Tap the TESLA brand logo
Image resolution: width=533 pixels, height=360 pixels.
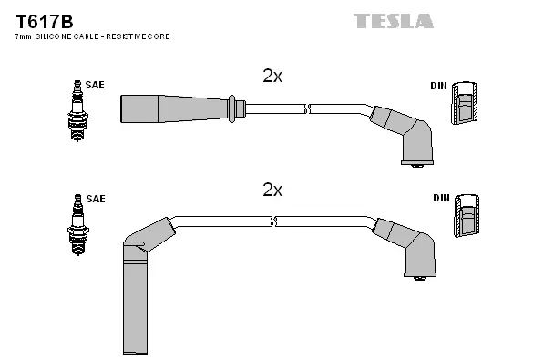point(393,20)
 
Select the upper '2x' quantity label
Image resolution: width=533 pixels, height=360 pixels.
point(272,77)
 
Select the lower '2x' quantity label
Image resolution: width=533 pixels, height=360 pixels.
point(272,190)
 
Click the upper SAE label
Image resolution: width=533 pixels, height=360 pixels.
point(96,85)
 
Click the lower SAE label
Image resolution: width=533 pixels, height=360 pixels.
point(96,198)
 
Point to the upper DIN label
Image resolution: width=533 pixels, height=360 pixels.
point(439,86)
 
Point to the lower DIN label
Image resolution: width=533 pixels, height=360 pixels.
point(439,198)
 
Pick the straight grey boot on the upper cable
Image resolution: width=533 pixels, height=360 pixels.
point(173,108)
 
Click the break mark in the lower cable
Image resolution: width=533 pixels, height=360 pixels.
point(273,221)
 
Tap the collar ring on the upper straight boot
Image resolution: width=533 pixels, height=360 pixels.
point(233,108)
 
